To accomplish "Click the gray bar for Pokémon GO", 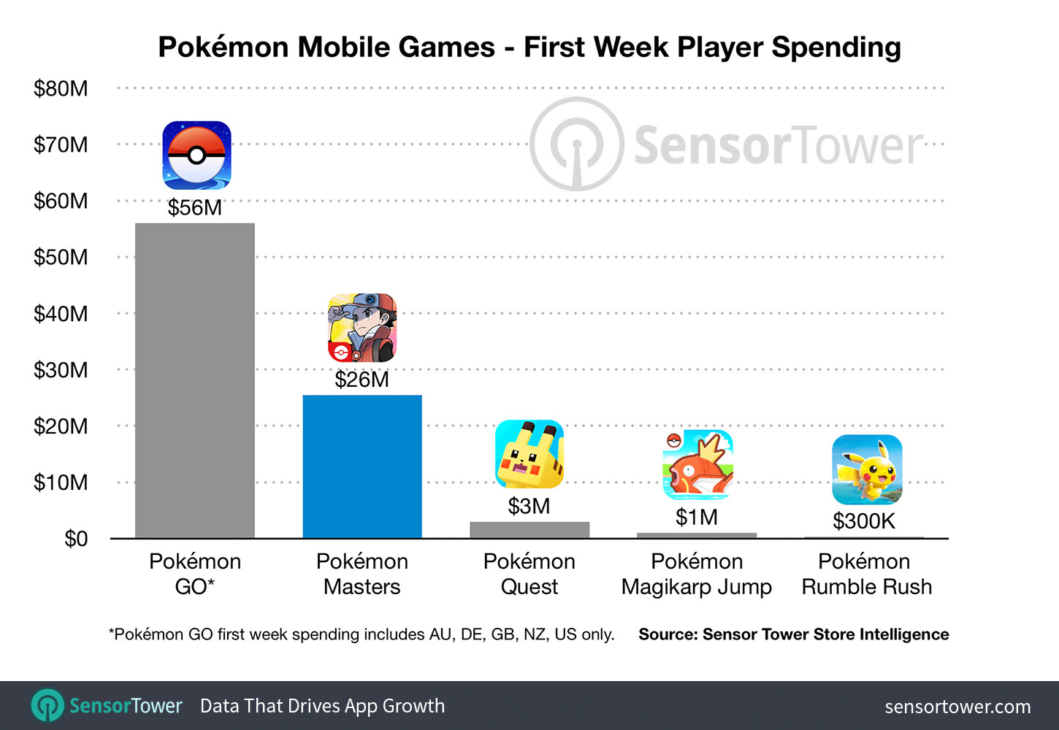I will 195,380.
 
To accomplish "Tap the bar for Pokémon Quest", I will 529,530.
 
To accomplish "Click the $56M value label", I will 195,208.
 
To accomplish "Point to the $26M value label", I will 362,380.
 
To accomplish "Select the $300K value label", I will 864,521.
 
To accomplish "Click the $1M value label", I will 697,518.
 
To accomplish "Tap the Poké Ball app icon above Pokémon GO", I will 196,155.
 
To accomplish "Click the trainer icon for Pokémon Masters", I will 362,328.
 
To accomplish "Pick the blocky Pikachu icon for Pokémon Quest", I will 529,454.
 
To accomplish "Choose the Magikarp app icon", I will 697,465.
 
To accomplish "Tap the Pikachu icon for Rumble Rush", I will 867,469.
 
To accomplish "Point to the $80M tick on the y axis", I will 61,88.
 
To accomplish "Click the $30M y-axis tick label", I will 61,370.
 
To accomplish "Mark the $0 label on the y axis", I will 76,539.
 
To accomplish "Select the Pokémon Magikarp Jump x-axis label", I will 697,574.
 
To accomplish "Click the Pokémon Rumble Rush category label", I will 866,574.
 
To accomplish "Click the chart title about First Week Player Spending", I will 529,47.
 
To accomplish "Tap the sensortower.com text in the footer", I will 957,707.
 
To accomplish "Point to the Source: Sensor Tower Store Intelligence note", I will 794,634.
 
